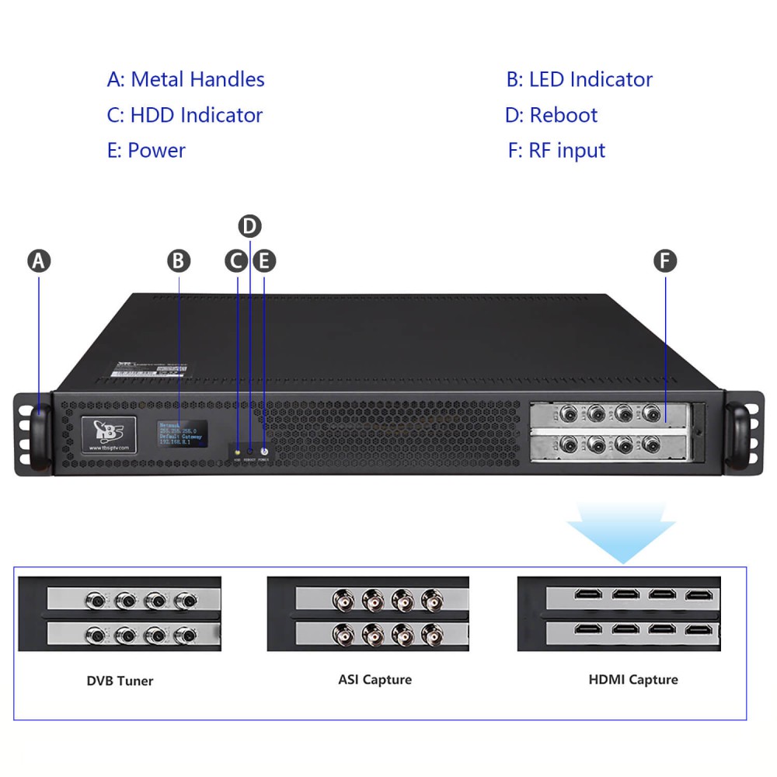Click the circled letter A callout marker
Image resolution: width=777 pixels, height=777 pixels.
tap(39, 261)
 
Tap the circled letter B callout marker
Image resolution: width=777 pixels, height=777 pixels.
tap(179, 261)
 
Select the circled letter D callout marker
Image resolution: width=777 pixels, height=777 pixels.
tap(249, 226)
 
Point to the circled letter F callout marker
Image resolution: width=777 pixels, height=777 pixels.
tap(665, 261)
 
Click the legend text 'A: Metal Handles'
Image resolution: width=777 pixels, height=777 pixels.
tap(186, 79)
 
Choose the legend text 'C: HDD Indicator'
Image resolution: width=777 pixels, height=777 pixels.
tap(185, 115)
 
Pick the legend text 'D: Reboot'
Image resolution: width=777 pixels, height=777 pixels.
tap(551, 115)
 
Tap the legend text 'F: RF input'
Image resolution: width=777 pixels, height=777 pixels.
tap(556, 150)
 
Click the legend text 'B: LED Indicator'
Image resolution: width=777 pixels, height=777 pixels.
tap(579, 79)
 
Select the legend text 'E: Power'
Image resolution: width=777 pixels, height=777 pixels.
tap(146, 150)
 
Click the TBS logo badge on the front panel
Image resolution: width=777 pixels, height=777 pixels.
tap(109, 435)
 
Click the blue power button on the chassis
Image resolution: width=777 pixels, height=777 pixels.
tap(264, 451)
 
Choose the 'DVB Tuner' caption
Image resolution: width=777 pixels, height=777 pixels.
tap(120, 681)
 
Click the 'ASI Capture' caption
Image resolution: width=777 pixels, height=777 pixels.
tap(375, 680)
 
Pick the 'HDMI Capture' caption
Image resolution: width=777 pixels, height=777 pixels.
tap(632, 680)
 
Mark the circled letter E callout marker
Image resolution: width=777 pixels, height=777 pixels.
tap(264, 261)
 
